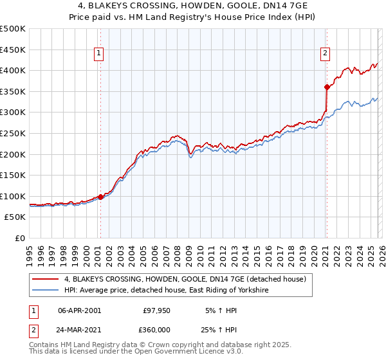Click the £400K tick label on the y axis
pyautogui.click(x=12, y=71)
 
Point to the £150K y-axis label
pyautogui.click(x=12, y=175)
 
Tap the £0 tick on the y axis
pyautogui.click(x=19, y=239)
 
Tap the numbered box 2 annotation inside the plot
pyautogui.click(x=326, y=54)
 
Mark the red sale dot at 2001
pyautogui.click(x=101, y=197)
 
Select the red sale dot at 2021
pyautogui.click(x=327, y=87)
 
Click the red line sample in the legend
pyautogui.click(x=46, y=278)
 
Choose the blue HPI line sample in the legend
pyautogui.click(x=46, y=291)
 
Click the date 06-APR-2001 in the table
pyautogui.click(x=80, y=310)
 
